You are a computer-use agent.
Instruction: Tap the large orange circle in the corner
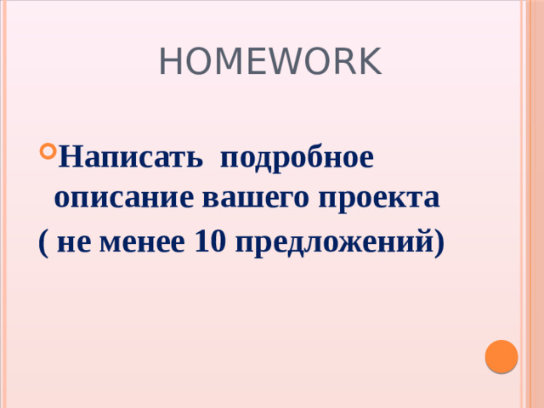(x=501, y=355)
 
